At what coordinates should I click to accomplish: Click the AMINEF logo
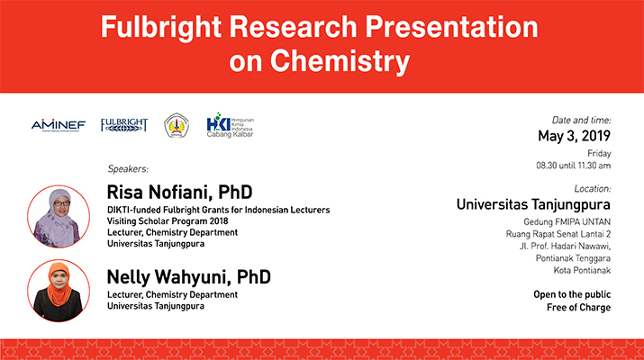point(59,125)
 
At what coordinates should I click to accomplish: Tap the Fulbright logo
point(124,125)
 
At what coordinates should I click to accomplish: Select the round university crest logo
point(177,125)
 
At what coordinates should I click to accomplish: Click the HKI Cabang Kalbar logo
point(230,125)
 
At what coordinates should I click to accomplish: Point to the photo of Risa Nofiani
point(59,216)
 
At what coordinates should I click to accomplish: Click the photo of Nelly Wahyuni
point(59,291)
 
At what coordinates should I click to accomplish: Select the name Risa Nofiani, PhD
point(179,192)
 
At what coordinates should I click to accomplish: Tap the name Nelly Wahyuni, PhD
point(188,277)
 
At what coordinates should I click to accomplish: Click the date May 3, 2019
point(574,136)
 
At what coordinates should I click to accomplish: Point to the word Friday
point(599,154)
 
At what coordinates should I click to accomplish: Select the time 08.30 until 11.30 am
point(574,166)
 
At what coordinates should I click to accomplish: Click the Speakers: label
point(128,168)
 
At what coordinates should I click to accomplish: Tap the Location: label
point(593,189)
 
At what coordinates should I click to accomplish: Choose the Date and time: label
point(581,121)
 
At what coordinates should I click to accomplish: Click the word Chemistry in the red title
point(340,61)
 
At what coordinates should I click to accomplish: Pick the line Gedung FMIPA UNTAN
point(567,222)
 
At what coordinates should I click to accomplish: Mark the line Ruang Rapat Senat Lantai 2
point(558,234)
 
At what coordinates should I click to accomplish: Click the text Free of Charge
point(578,308)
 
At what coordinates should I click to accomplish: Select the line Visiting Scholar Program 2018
point(168,221)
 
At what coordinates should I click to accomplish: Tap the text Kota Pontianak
point(582,271)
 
